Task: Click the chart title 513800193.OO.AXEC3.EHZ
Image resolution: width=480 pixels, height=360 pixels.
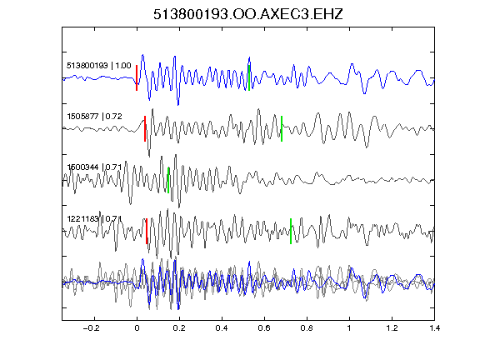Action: pyautogui.click(x=248, y=14)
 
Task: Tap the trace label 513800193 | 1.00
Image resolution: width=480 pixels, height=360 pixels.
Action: pyautogui.click(x=99, y=66)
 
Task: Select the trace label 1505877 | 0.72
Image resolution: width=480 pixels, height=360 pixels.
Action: pyautogui.click(x=95, y=117)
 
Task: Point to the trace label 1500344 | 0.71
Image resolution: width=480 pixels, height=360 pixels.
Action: pyautogui.click(x=95, y=167)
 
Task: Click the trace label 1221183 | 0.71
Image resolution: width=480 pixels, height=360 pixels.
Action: pyautogui.click(x=95, y=218)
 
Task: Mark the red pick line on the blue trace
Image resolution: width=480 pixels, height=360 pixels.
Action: pyautogui.click(x=137, y=77)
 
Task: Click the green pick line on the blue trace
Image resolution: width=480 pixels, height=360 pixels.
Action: pyautogui.click(x=249, y=77)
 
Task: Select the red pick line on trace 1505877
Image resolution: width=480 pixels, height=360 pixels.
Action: pyautogui.click(x=145, y=128)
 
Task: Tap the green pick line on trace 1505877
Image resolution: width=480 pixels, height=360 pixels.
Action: pyautogui.click(x=282, y=128)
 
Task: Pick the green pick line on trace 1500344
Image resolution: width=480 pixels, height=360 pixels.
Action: pyautogui.click(x=168, y=180)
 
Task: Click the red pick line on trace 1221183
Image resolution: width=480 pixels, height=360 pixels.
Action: pyautogui.click(x=147, y=231)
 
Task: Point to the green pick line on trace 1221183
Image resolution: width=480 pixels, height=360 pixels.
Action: pyautogui.click(x=291, y=231)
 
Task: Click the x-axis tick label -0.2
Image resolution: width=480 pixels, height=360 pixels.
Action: pyautogui.click(x=92, y=328)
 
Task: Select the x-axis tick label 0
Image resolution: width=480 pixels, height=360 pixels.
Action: pyautogui.click(x=137, y=328)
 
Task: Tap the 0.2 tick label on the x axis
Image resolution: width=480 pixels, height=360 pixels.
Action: pyautogui.click(x=179, y=328)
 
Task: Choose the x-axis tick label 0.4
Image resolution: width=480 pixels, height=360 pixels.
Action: pyautogui.click(x=222, y=328)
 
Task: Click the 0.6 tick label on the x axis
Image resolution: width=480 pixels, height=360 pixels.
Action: pyautogui.click(x=264, y=328)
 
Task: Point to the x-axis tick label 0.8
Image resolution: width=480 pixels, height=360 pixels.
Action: pyautogui.click(x=307, y=328)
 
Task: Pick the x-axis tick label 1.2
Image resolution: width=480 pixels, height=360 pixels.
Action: pyautogui.click(x=392, y=328)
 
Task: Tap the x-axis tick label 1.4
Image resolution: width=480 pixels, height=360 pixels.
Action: pyautogui.click(x=434, y=328)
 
